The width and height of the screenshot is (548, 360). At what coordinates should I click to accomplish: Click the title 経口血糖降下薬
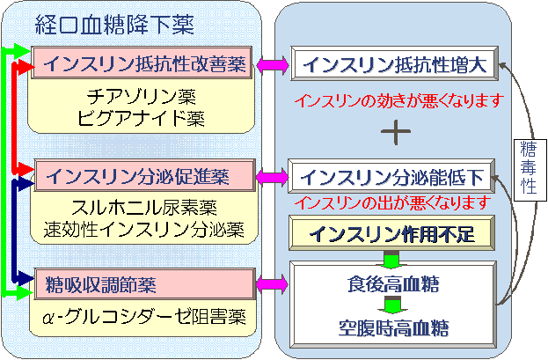(114, 26)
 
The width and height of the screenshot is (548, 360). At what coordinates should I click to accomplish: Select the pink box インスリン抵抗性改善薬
(142, 62)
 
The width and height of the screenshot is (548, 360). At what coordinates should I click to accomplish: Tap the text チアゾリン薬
(142, 96)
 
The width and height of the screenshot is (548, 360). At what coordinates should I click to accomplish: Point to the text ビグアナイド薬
(141, 118)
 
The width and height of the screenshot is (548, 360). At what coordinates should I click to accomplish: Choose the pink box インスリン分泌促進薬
(144, 175)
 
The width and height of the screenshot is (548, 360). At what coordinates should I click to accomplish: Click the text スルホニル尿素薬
(144, 207)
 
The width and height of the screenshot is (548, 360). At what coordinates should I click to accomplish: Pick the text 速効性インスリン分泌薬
(144, 229)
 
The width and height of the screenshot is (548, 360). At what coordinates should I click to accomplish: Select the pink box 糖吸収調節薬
(144, 284)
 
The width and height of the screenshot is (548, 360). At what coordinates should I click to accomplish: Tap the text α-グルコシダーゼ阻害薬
(144, 317)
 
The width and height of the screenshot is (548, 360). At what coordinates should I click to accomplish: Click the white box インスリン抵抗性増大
(395, 63)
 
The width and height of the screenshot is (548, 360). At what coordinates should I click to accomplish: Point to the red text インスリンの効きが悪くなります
(399, 100)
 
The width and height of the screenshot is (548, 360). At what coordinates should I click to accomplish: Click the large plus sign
(396, 132)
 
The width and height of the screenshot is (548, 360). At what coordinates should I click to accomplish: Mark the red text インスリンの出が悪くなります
(393, 202)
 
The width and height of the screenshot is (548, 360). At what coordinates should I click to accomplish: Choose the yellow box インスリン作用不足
(391, 233)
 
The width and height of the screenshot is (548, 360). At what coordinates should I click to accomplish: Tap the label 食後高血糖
(393, 283)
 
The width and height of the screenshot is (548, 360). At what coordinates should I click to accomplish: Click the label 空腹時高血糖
(393, 327)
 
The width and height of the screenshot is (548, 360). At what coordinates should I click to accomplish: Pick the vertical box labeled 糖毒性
(530, 170)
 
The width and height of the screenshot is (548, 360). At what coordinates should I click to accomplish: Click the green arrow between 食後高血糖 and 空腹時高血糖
(393, 305)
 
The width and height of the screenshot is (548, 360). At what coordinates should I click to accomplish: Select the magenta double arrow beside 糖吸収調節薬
(273, 284)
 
